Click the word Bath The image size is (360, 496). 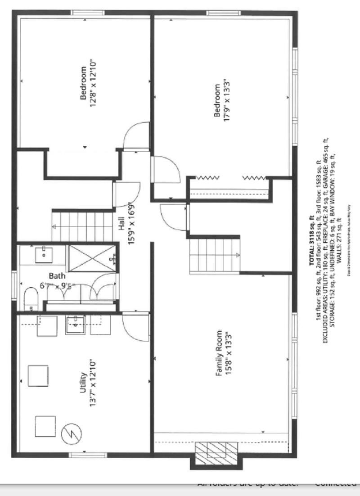pos(57,276)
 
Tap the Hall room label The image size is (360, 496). pos(121,225)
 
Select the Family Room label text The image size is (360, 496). pos(219,353)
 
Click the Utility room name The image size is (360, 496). pos(83,383)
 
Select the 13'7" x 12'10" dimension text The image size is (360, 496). pos(93,383)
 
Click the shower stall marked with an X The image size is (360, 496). pos(92,258)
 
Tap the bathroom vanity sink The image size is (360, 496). pos(44,255)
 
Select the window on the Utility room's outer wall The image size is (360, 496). pos(85,455)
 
